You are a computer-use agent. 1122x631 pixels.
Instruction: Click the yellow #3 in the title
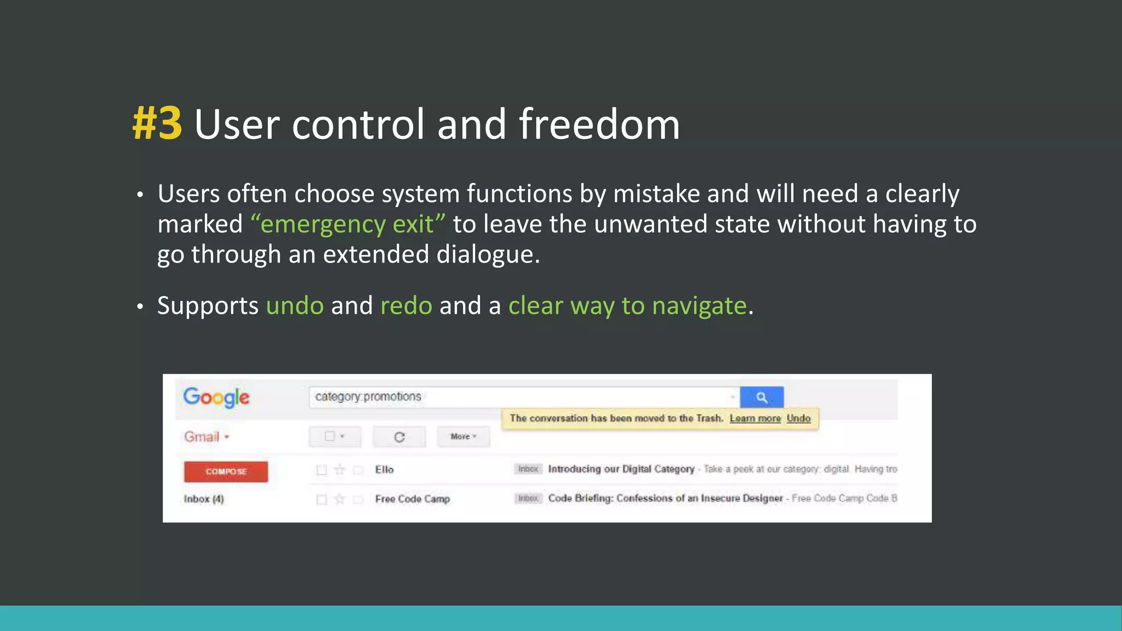(x=158, y=124)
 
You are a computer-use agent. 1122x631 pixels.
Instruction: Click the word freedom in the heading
(x=599, y=124)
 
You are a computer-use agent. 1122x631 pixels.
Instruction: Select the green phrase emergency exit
(x=348, y=224)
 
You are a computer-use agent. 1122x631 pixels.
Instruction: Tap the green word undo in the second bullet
(x=295, y=306)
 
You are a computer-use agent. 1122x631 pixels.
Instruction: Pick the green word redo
(x=406, y=306)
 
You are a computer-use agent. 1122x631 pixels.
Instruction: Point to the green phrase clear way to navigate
(x=627, y=306)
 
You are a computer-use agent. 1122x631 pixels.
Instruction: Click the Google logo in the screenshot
(x=216, y=397)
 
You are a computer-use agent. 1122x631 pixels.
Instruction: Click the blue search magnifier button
(x=762, y=397)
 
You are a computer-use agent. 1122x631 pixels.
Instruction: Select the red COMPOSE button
(x=226, y=472)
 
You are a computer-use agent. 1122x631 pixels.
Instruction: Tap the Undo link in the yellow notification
(x=798, y=418)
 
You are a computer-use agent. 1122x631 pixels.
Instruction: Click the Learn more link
(x=755, y=418)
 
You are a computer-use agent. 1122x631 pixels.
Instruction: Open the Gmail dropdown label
(x=207, y=437)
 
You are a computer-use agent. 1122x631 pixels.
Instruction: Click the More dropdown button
(x=463, y=437)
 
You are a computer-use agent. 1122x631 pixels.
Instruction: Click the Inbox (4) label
(x=204, y=499)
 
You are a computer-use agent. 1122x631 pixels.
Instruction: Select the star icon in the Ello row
(x=340, y=470)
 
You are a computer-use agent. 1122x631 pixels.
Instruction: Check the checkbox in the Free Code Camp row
(x=322, y=500)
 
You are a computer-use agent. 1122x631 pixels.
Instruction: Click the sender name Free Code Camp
(x=413, y=499)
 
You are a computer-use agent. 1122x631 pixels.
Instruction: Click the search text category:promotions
(x=368, y=397)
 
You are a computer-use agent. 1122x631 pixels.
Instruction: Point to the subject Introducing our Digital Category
(x=621, y=469)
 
